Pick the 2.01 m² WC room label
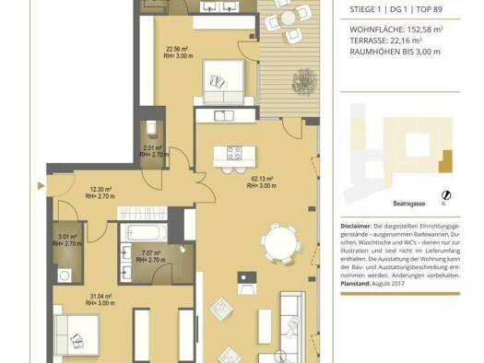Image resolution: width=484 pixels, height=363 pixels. click(152, 151)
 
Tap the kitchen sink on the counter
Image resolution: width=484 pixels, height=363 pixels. click(222, 116)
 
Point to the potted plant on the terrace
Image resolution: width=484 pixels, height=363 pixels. click(301, 76)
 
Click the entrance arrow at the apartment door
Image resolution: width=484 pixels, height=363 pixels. click(40, 185)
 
